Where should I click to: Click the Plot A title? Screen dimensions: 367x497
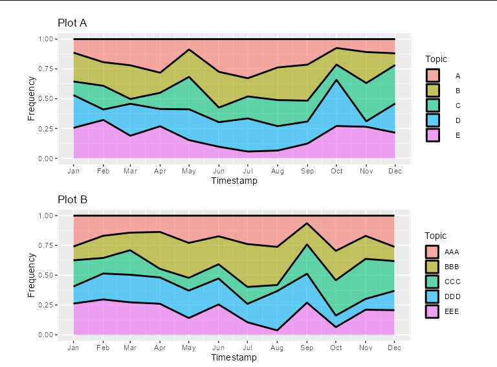(72, 23)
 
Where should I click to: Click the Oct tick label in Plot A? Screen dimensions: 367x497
(337, 171)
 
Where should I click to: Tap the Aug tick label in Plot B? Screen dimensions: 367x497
(278, 348)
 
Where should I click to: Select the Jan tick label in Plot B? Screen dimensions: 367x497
(73, 348)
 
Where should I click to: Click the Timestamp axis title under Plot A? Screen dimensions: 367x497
(234, 181)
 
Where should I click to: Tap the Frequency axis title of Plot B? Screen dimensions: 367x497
(32, 275)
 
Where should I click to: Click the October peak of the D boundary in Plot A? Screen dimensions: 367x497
(337, 80)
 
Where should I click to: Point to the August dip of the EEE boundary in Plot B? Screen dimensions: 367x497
(278, 331)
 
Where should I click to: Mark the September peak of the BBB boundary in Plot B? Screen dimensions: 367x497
(307, 223)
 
